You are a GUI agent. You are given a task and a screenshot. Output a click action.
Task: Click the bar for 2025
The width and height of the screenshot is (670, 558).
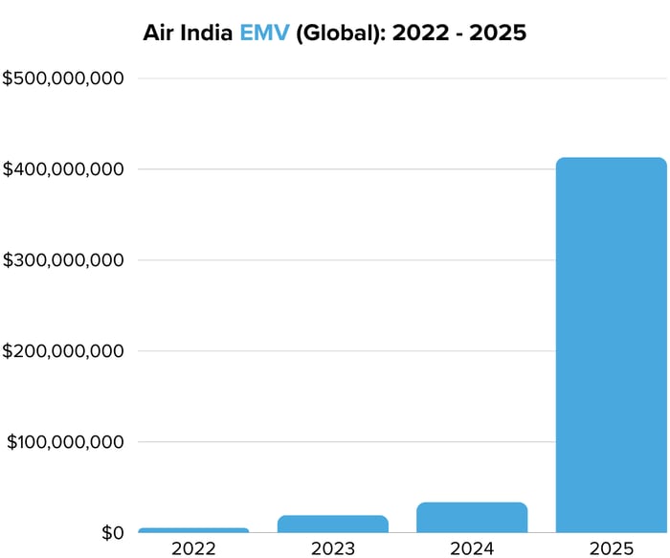(611, 345)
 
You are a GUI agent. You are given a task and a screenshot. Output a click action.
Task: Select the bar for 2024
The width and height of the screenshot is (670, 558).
(472, 518)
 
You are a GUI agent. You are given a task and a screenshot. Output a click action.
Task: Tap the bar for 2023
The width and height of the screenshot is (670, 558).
(333, 524)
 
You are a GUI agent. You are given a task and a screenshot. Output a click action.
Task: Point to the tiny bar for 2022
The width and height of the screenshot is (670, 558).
(193, 530)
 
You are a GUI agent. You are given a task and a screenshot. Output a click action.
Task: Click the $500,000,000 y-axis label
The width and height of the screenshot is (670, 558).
(63, 78)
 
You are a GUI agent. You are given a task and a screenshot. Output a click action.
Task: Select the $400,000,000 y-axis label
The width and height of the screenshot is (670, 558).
(63, 169)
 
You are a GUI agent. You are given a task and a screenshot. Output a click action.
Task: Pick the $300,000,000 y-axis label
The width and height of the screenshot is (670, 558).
(63, 260)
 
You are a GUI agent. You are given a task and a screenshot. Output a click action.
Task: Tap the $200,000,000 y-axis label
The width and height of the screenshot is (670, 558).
(63, 351)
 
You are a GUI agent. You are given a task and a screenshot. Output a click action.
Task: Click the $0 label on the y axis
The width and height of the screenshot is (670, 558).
(113, 532)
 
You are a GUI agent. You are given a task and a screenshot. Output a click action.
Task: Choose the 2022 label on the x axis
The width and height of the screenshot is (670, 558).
(193, 548)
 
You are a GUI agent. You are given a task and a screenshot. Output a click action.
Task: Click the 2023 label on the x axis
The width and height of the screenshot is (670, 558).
(333, 548)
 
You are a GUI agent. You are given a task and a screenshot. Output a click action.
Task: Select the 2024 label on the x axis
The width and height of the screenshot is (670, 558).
(472, 548)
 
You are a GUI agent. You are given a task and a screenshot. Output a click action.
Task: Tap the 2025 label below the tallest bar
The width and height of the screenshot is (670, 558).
(611, 548)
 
